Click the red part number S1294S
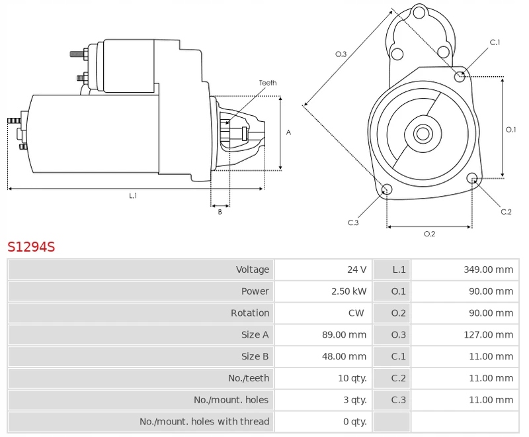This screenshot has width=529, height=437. coord(31,247)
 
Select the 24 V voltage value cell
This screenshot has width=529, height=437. coord(356,269)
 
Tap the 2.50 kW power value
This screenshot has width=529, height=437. coord(348,291)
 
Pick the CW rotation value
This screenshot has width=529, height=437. coord(356,313)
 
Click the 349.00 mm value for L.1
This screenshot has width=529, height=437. coord(488,269)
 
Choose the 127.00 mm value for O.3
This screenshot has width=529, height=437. coord(488,335)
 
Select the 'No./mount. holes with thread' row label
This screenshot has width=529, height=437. coord(204,422)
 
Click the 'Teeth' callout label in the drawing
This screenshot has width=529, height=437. coord(268,83)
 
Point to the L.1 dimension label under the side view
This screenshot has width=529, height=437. coord(133,196)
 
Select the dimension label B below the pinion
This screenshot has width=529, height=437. coord(220,212)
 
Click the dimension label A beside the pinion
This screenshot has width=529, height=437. coord(288,132)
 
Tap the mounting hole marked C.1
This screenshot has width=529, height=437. coord(460,77)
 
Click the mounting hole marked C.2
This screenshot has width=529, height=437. coord(472,178)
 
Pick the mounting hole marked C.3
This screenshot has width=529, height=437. coord(387,191)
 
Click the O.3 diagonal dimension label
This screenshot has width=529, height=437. coord(341,54)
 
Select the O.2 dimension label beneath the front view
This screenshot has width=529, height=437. coord(429,234)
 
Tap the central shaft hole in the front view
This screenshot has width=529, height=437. coord(422,134)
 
